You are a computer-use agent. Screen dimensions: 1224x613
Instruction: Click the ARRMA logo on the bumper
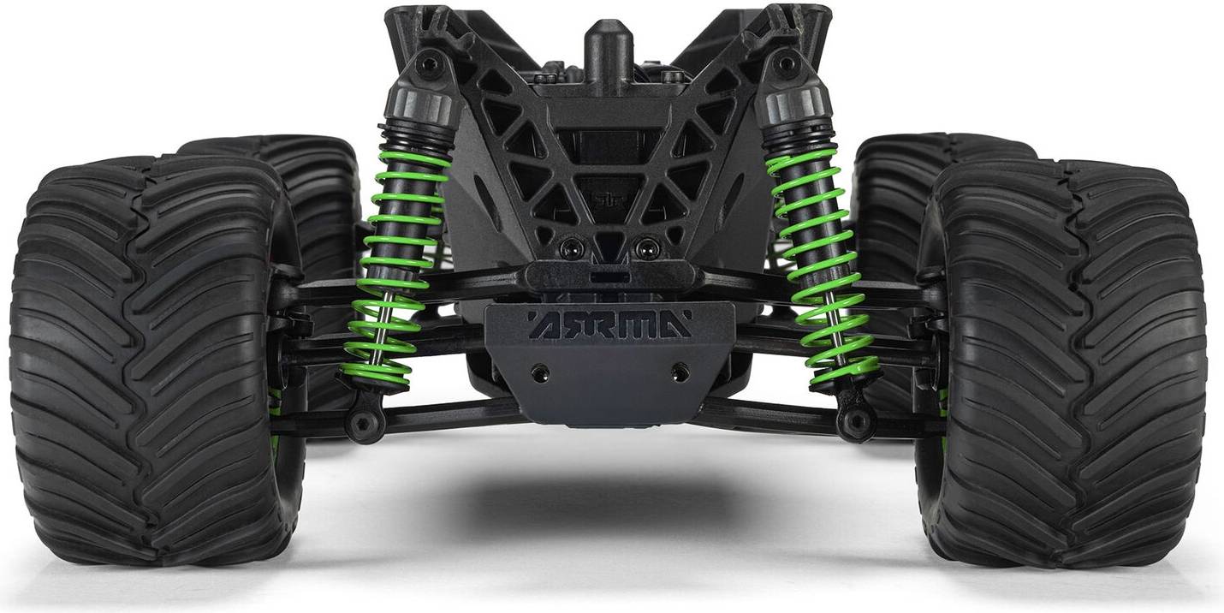(x=609, y=324)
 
